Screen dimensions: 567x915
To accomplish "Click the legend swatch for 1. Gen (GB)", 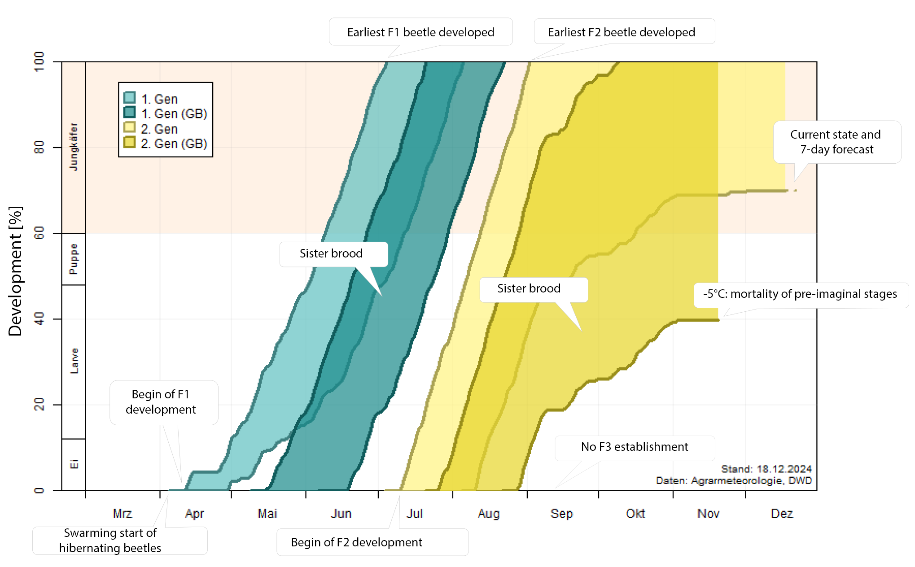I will [129, 112].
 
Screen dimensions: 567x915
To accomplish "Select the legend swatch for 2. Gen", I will [129, 127].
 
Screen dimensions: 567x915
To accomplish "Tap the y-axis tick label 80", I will [39, 148].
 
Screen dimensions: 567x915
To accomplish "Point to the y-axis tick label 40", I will [39, 319].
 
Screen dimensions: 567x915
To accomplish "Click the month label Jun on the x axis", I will [341, 514].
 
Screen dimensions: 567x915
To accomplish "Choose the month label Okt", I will [635, 514].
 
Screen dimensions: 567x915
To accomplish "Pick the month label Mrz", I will [123, 514].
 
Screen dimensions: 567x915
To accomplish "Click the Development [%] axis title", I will [15, 271].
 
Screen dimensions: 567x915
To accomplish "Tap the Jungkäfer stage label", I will [74, 147].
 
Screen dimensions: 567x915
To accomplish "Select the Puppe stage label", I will [74, 259].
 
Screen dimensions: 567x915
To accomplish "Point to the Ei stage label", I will [74, 464].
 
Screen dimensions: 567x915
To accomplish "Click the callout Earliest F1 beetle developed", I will [420, 32].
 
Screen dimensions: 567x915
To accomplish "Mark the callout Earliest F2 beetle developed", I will [621, 32].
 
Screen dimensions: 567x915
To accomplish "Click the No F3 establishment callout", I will [634, 447].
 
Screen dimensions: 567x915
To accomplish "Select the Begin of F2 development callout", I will [356, 542].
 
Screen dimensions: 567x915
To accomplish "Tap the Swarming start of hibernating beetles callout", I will [110, 541].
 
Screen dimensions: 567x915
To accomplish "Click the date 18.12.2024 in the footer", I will [784, 469].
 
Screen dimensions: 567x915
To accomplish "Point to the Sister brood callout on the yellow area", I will [529, 288].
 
